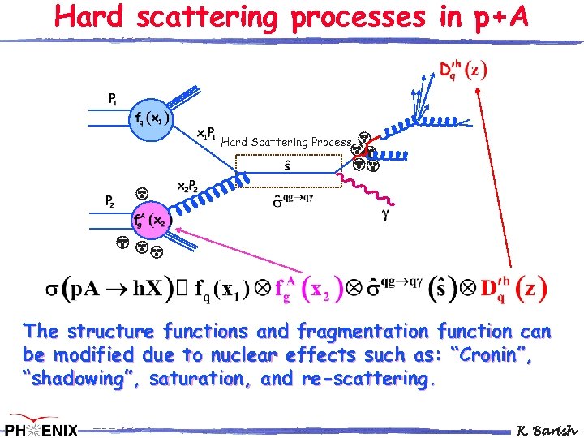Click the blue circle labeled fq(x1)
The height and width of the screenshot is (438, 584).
coord(148,119)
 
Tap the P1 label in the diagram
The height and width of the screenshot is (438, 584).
coord(113,99)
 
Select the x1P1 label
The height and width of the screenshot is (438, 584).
coord(205,132)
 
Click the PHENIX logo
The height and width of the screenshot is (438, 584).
coord(41,427)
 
